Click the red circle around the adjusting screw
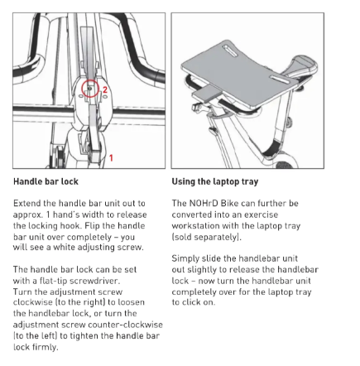click(82, 89)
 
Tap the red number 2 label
click(105, 89)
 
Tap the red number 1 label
click(111, 158)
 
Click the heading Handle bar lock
click(46, 181)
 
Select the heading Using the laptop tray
click(215, 181)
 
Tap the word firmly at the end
click(46, 347)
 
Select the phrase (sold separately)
click(207, 237)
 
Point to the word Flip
click(92, 226)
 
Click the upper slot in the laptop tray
click(229, 51)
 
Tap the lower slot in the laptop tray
click(279, 79)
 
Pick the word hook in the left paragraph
click(70, 226)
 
